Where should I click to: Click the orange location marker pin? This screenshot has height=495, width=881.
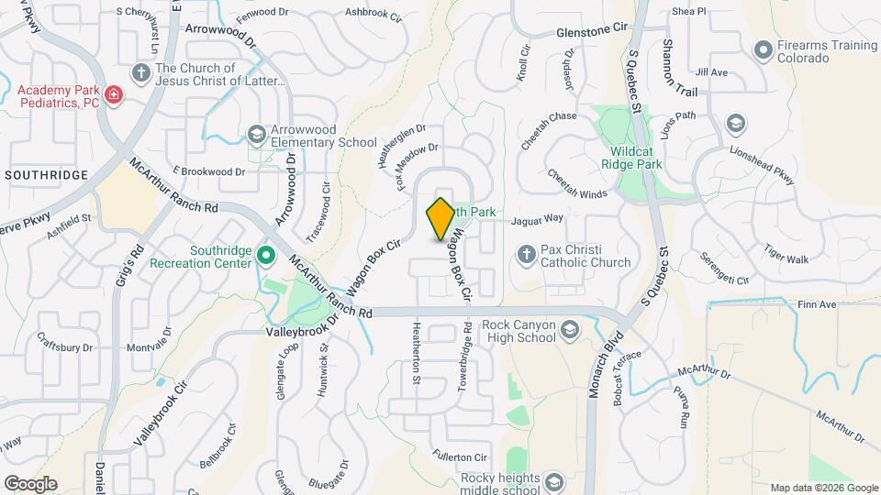coord(440,219)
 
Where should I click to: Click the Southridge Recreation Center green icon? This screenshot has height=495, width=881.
coord(266,254)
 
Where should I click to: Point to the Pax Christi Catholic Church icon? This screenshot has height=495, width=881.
coord(527,252)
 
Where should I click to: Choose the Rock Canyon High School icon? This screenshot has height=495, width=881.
coord(569,328)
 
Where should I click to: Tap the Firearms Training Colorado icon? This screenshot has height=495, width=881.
coord(763,49)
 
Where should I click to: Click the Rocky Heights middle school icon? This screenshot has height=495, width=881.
coord(552,481)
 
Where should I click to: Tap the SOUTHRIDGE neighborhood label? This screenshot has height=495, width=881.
coord(45,174)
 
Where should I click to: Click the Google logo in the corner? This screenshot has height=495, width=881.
coord(30,483)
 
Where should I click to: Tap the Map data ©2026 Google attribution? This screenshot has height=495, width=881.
coord(823,488)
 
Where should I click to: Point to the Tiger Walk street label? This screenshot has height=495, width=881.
coord(786,259)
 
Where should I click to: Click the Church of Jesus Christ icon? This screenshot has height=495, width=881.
coord(140,71)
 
